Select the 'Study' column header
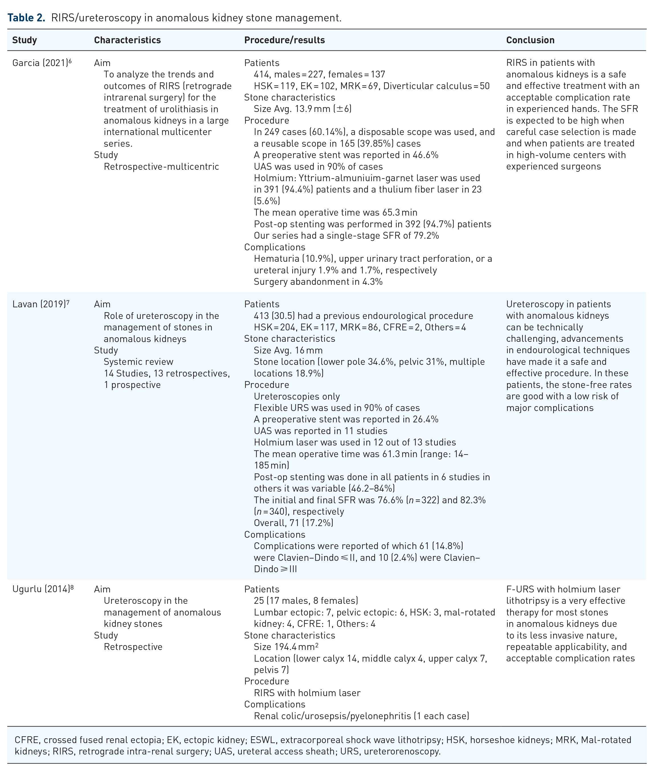click(24, 40)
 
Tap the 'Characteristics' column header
click(127, 40)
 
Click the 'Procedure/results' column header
click(284, 40)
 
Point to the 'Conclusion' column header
click(530, 40)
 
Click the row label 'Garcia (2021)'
click(40, 63)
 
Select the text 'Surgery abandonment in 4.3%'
click(318, 282)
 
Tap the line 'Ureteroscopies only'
click(297, 396)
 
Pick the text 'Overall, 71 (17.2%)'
click(294, 523)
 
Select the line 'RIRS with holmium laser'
click(307, 693)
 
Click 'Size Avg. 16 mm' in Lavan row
click(288, 350)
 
